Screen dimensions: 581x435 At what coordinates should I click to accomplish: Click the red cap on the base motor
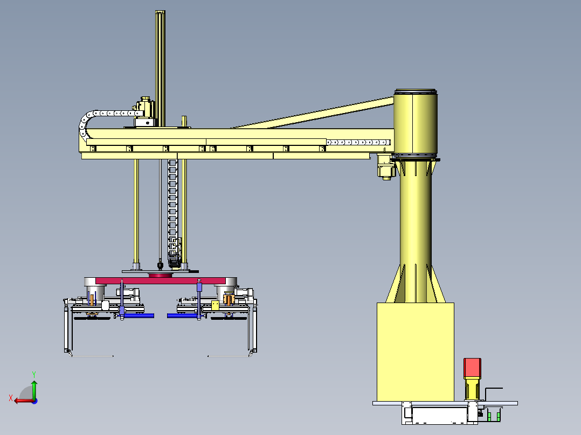tap(473, 368)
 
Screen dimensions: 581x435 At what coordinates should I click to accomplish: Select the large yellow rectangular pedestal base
tap(416, 352)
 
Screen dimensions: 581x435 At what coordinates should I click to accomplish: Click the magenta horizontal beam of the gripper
tap(161, 280)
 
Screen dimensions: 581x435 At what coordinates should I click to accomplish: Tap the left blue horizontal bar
tap(139, 316)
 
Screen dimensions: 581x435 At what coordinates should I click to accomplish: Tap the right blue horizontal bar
tap(182, 316)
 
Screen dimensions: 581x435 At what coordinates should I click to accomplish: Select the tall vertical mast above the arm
tap(160, 68)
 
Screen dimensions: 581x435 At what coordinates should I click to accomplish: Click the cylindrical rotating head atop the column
tap(416, 123)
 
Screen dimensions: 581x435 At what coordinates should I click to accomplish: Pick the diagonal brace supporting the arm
tap(312, 113)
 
